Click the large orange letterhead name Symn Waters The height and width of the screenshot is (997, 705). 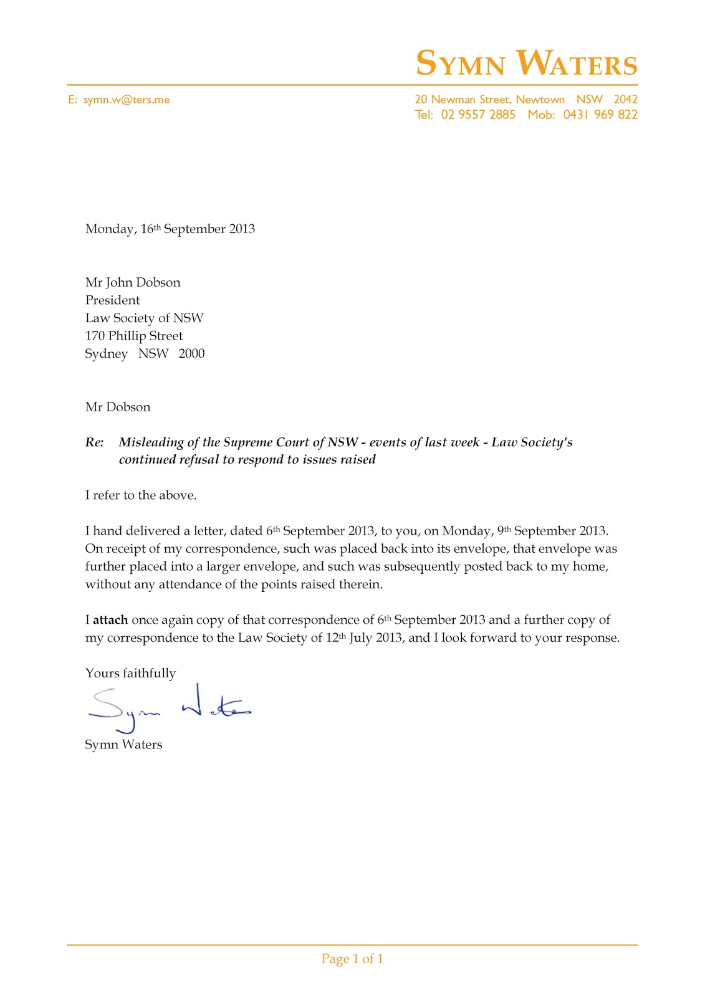[x=527, y=64]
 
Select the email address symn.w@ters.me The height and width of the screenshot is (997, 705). [x=127, y=100]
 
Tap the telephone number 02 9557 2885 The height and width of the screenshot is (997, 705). [x=478, y=115]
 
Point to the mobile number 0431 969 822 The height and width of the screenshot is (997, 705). [x=600, y=115]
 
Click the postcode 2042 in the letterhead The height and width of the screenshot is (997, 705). [x=625, y=100]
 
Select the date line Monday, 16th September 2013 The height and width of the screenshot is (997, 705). [x=170, y=229]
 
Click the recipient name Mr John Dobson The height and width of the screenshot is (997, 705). [x=133, y=282]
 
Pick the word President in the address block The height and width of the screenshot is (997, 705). [x=113, y=300]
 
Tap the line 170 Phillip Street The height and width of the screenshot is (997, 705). [x=134, y=336]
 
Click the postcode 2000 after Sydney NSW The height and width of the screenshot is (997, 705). [x=191, y=353]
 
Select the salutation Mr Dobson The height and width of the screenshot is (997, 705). [x=118, y=407]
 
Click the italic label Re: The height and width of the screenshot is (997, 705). [x=94, y=442]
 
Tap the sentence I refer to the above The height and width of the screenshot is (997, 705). [x=141, y=495]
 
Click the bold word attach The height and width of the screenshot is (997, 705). [x=110, y=620]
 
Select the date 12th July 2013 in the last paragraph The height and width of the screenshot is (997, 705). [x=364, y=637]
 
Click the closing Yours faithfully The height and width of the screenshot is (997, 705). [x=130, y=673]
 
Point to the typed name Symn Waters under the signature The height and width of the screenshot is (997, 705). [x=123, y=745]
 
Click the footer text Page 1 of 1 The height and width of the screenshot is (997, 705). [x=352, y=959]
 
